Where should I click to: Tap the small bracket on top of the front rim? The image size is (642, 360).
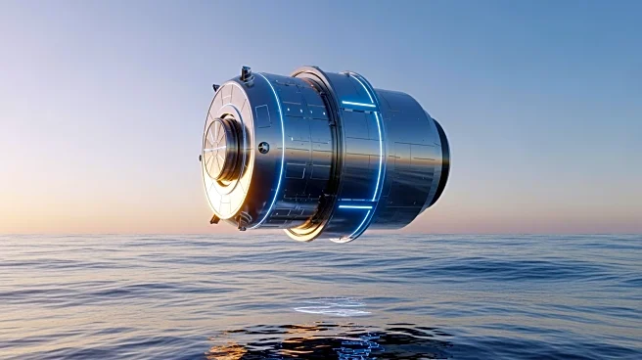click(246, 73)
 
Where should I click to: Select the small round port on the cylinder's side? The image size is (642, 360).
click(263, 147)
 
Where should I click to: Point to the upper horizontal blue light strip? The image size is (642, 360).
click(357, 103)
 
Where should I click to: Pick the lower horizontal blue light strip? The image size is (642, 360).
click(355, 206)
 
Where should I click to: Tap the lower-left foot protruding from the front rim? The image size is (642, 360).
click(214, 219)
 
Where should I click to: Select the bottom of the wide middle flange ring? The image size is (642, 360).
click(305, 233)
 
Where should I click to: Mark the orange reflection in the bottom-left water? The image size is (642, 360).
click(230, 348)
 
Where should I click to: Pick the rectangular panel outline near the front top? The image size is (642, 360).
click(262, 115)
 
